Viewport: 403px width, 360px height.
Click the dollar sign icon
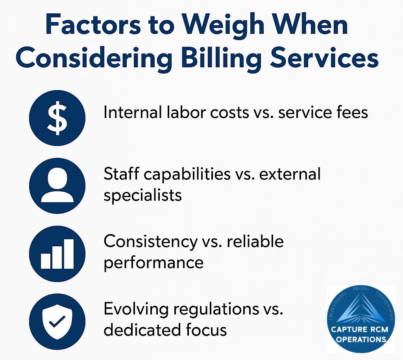(57, 118)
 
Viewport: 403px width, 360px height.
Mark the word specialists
(142, 196)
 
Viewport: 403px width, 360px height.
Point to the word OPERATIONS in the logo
(361, 339)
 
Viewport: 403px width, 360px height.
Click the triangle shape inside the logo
(361, 309)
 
